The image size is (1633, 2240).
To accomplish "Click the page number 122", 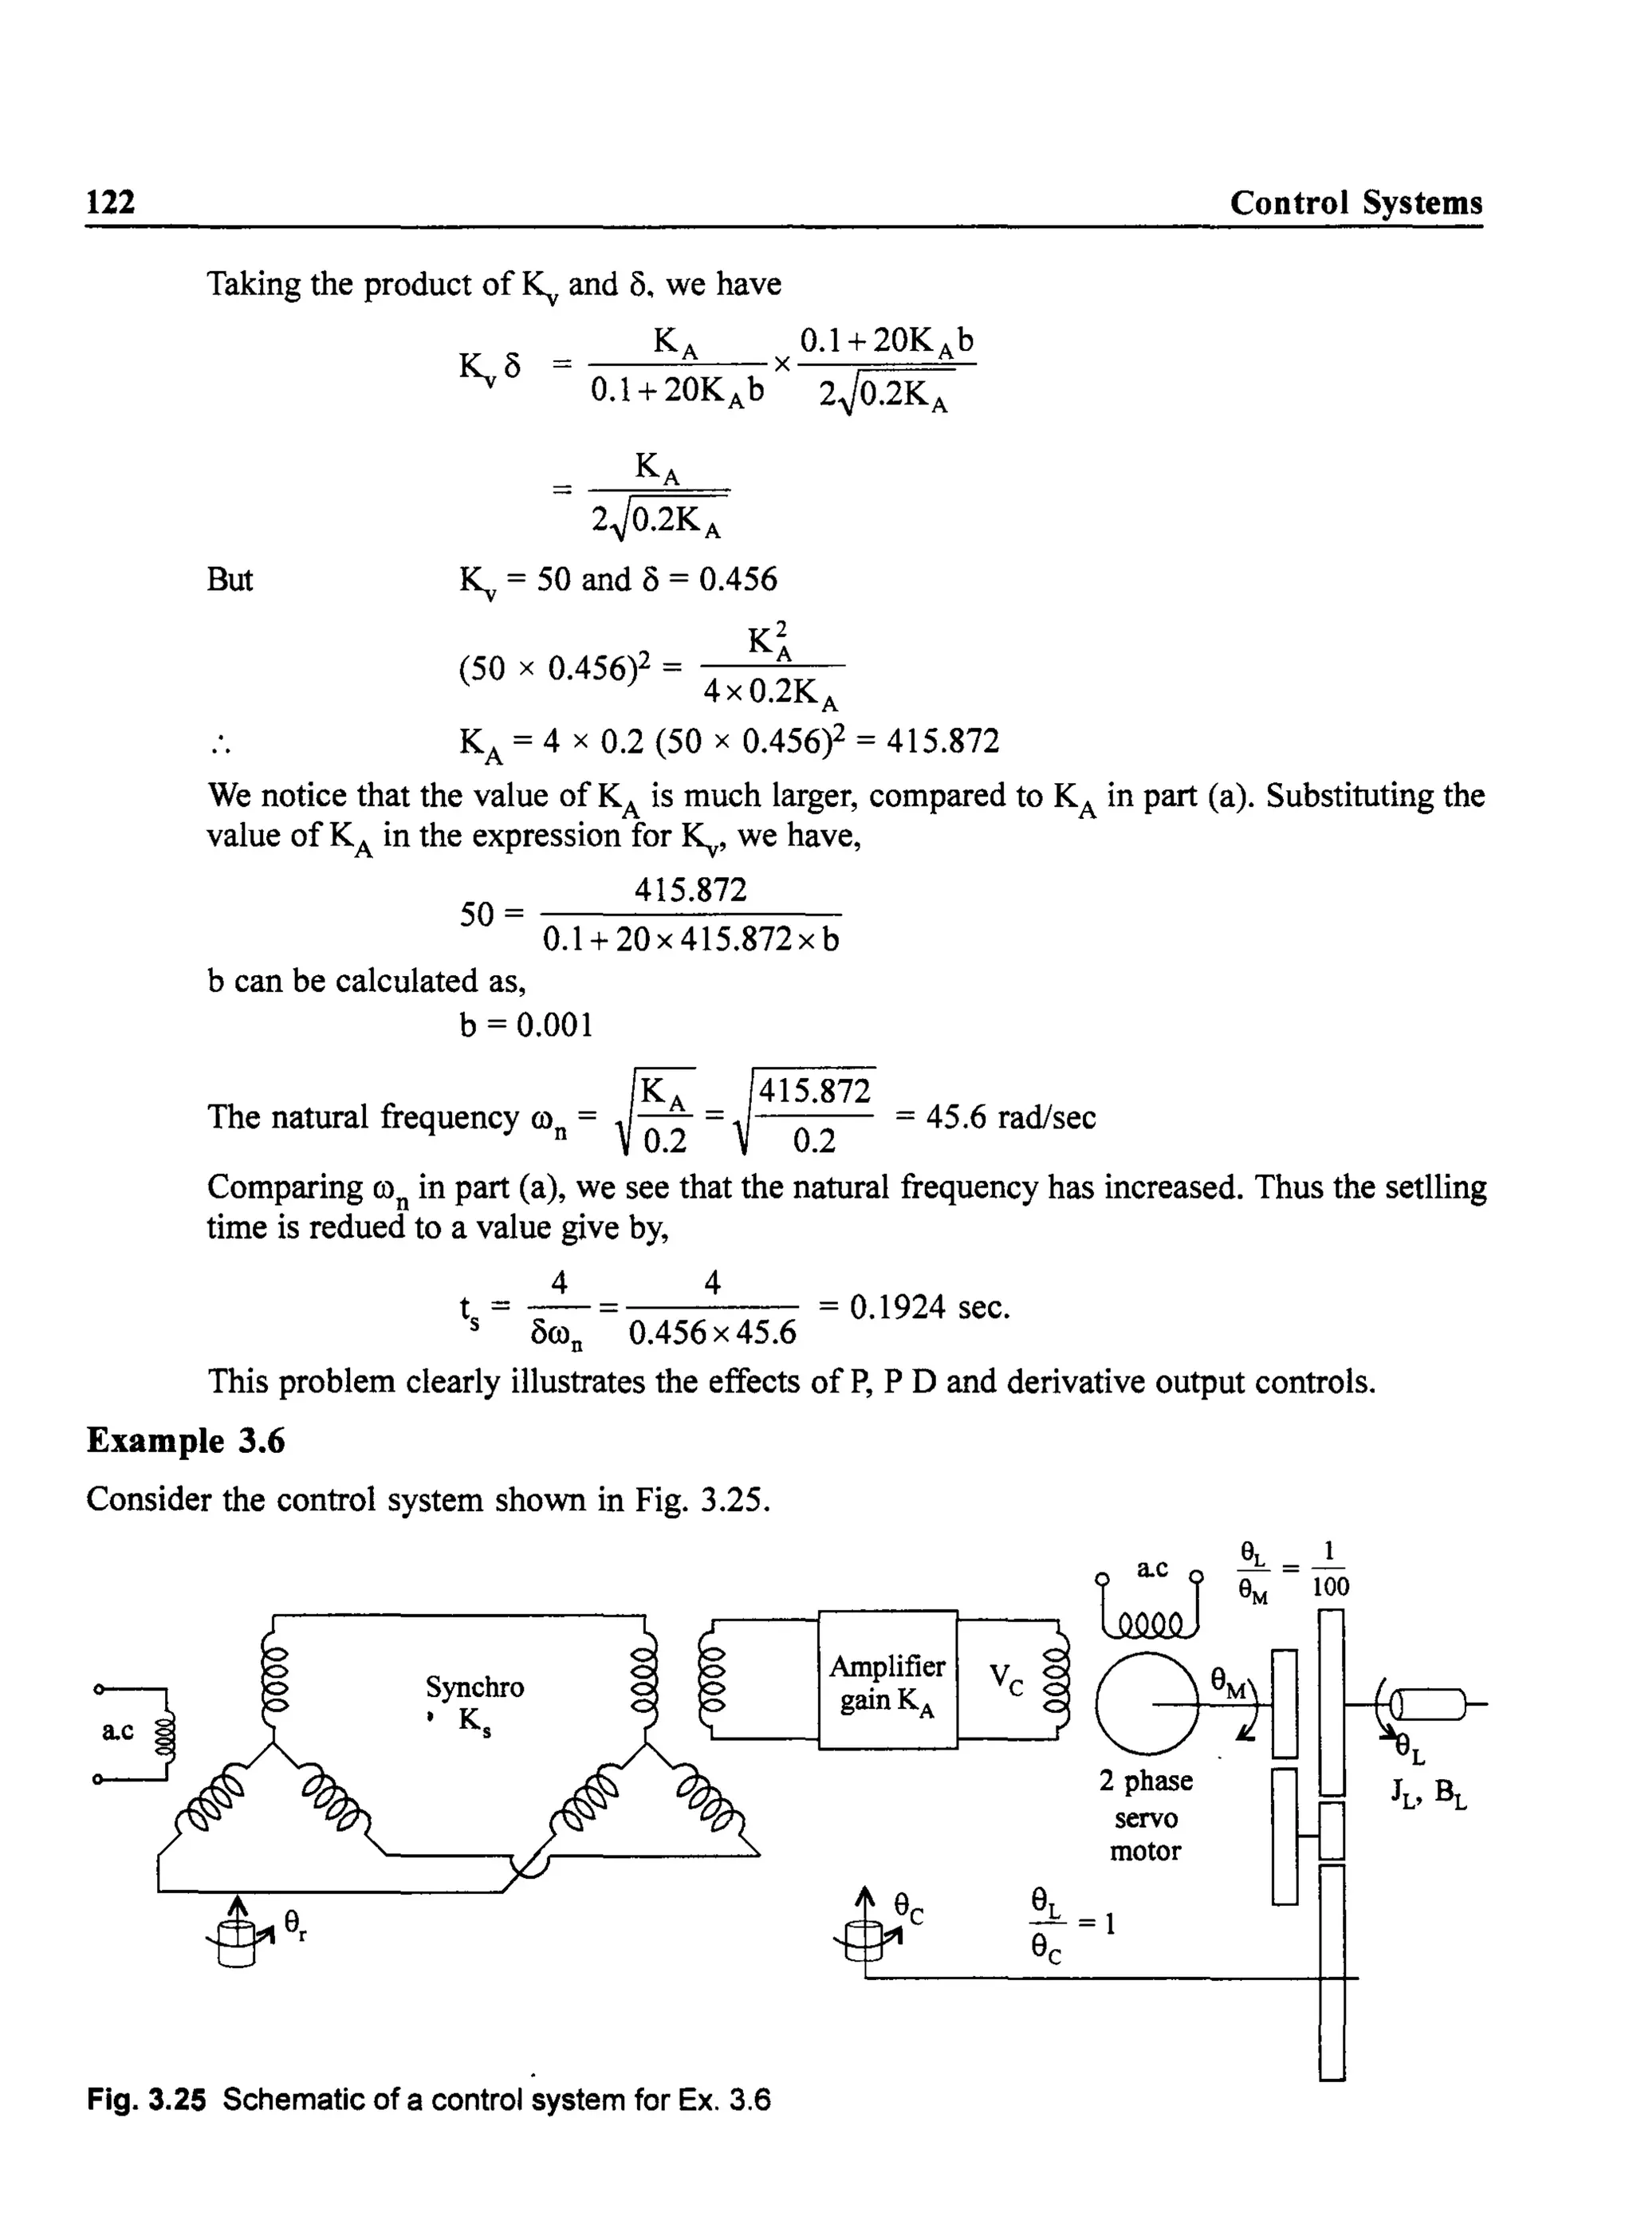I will point(111,202).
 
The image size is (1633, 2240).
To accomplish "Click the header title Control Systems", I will point(1356,203).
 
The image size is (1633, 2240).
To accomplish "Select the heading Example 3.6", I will point(186,1441).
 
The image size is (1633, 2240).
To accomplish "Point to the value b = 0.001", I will point(526,1025).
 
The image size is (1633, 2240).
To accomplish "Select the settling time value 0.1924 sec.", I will point(929,1307).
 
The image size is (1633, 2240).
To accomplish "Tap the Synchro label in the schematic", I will point(474,1687).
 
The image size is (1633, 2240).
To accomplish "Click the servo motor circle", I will point(1147,1703).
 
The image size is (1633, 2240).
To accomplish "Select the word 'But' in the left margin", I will point(230,579).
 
